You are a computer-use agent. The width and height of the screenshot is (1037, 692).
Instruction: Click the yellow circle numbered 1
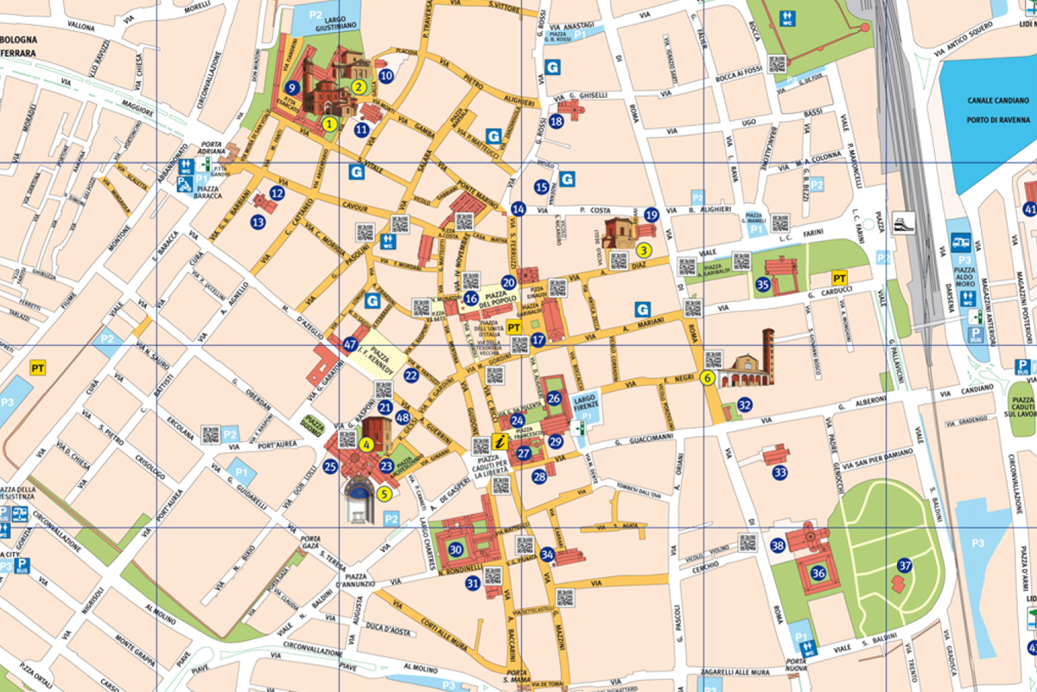(x=329, y=124)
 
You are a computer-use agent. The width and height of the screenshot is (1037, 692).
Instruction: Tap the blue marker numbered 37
(x=905, y=566)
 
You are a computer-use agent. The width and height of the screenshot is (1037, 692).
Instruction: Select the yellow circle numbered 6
(x=708, y=377)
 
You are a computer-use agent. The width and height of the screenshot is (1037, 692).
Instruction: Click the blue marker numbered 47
(x=350, y=343)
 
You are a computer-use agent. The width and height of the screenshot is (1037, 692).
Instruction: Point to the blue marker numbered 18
(x=557, y=121)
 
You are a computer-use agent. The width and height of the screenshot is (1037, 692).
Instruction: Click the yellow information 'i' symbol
(x=499, y=441)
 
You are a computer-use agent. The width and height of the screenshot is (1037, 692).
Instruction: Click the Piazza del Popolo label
(x=499, y=298)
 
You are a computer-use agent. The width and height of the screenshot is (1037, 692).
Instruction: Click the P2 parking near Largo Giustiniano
(x=317, y=15)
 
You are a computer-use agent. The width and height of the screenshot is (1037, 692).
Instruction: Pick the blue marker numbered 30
(x=455, y=548)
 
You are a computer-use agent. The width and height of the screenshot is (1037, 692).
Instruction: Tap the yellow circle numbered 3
(x=643, y=249)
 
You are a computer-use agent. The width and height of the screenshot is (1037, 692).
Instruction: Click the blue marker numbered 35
(x=762, y=284)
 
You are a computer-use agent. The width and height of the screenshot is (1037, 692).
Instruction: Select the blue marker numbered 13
(x=258, y=222)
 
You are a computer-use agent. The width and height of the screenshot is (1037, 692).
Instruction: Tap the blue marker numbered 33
(x=780, y=472)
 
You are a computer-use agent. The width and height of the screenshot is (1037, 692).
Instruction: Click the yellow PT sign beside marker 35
(x=837, y=278)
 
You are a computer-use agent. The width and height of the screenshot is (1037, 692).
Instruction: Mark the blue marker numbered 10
(x=386, y=75)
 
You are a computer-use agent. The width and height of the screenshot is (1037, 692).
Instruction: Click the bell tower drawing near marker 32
(x=767, y=355)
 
